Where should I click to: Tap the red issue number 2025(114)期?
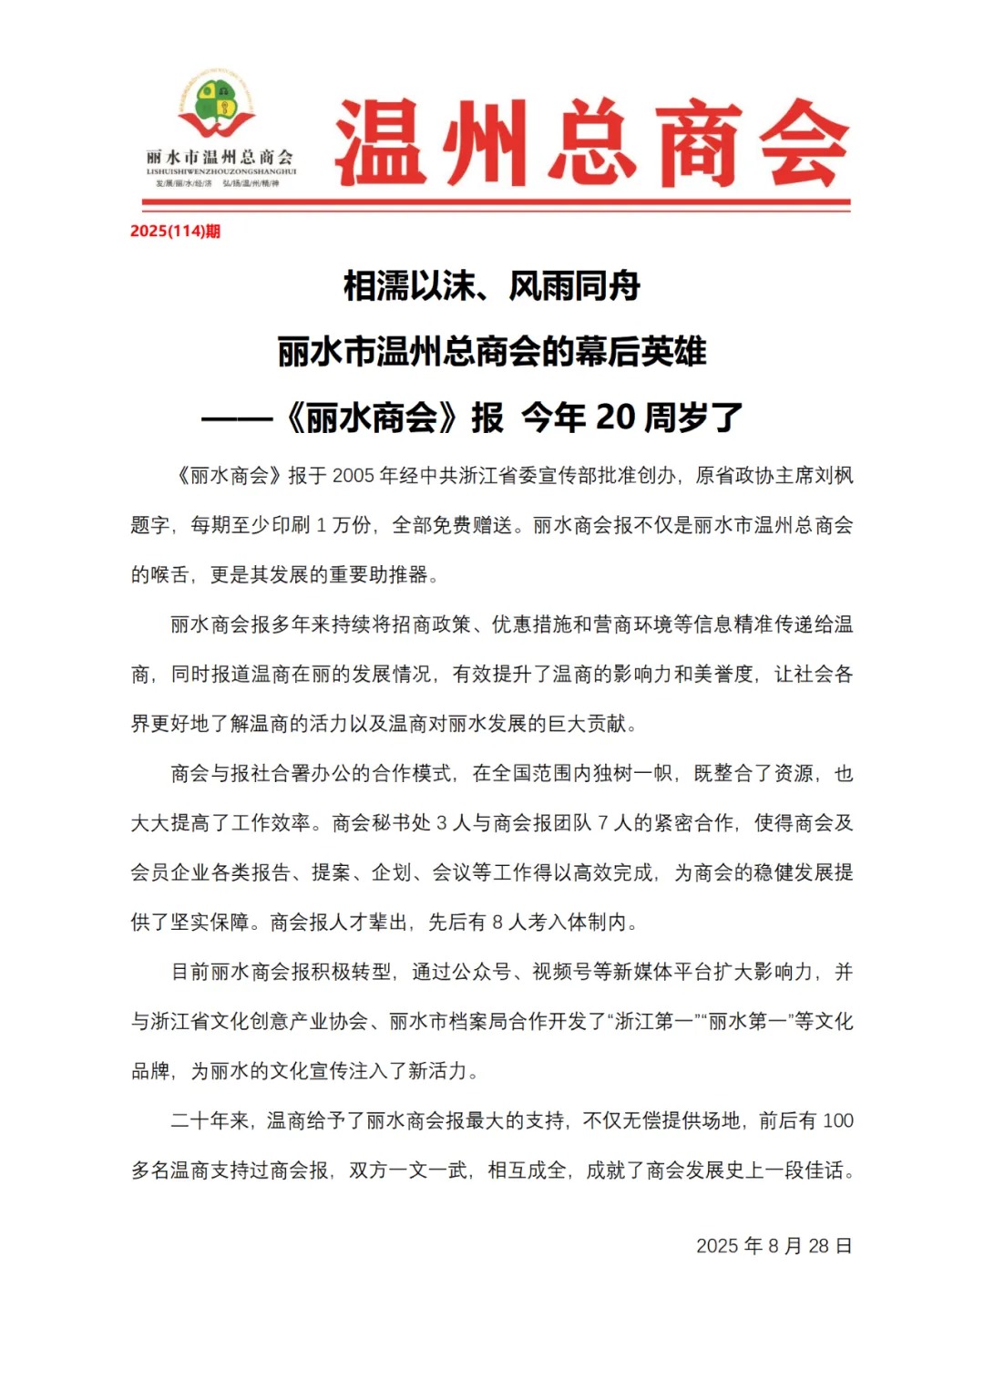coord(175,231)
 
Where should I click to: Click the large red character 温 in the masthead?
coord(381,144)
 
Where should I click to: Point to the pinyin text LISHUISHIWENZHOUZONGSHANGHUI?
coord(221,171)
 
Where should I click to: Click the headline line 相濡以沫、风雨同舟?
coord(492,286)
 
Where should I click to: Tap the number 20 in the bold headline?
coord(615,418)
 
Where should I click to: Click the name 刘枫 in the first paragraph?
coord(834,476)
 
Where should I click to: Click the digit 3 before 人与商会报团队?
coord(442,823)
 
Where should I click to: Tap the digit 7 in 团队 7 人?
coord(603,823)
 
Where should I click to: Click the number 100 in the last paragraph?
coord(837,1121)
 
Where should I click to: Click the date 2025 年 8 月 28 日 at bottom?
coord(774,1246)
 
